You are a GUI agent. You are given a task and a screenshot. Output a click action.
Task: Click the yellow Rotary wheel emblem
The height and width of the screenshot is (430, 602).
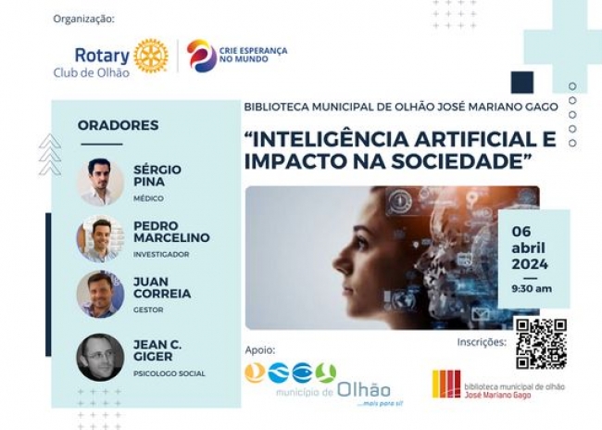click(x=151, y=57)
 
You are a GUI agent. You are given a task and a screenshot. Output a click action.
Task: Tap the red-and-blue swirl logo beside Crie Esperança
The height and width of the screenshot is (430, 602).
click(x=202, y=56)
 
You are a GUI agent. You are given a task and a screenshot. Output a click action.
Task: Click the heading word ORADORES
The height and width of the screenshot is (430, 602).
click(x=119, y=125)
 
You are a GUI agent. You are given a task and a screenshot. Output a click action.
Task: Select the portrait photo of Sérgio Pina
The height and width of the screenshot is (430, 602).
click(x=100, y=182)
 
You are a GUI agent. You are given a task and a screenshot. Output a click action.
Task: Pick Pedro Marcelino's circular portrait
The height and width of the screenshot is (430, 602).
click(x=100, y=239)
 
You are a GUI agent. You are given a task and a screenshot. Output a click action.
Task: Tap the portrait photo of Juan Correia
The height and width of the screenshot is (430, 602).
click(x=100, y=294)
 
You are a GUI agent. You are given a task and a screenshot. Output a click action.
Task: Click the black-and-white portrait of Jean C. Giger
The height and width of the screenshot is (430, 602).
click(x=100, y=358)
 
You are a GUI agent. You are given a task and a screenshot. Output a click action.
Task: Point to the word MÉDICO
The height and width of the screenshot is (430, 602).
click(x=148, y=198)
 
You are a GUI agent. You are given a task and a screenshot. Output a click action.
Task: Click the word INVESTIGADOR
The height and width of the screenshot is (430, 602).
click(x=161, y=255)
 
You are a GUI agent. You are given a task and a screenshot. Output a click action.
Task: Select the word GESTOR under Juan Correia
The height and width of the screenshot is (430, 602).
click(x=148, y=310)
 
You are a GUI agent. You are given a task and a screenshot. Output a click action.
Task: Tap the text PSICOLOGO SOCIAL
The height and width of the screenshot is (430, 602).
click(x=169, y=373)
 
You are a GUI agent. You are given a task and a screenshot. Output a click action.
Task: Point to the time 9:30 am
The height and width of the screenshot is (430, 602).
click(x=532, y=288)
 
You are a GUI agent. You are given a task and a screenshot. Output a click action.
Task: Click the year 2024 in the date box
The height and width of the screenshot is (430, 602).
click(x=530, y=264)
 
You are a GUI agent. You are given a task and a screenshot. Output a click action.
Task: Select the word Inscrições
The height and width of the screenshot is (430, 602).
click(x=482, y=342)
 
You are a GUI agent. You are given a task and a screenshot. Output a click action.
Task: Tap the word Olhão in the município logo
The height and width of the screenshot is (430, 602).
click(x=364, y=390)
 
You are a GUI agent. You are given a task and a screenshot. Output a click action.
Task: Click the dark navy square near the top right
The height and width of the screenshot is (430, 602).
click(x=522, y=82)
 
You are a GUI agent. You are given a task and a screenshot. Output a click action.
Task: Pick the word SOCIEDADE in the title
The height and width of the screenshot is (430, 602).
click(x=457, y=161)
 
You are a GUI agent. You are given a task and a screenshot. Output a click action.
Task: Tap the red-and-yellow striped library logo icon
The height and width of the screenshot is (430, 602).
click(x=446, y=384)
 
